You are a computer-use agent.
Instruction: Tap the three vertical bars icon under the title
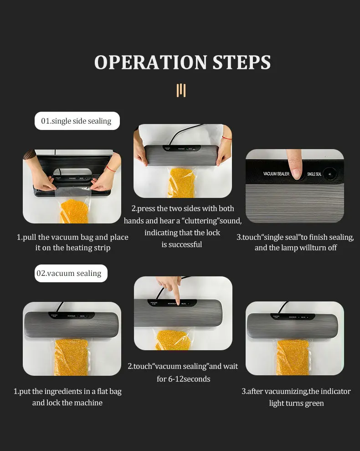[x=181, y=90]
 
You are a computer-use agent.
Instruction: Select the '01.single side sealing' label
[x=76, y=121]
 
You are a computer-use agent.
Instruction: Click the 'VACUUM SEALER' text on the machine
[x=276, y=174]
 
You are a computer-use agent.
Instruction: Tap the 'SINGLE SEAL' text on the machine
[x=314, y=174]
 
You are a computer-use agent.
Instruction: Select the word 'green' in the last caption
[x=313, y=403]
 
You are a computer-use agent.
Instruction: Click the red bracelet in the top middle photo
[x=226, y=138]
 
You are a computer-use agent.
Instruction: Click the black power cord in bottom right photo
[x=285, y=306]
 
